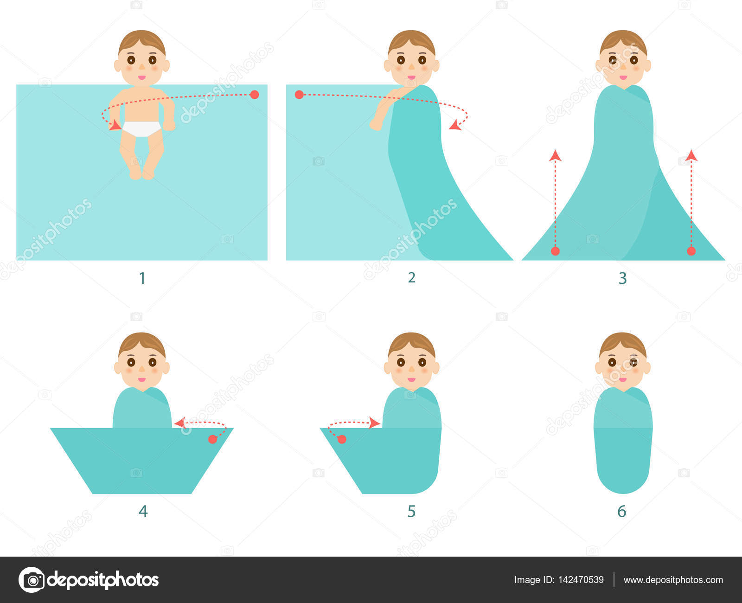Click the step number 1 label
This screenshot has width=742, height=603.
click(142, 278)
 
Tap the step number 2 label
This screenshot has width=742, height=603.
click(411, 278)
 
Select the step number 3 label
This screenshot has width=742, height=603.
click(622, 278)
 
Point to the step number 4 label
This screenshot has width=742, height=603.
click(143, 511)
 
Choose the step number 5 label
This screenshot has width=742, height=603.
click(411, 511)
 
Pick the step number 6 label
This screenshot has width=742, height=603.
click(622, 511)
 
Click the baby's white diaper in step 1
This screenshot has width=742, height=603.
click(141, 128)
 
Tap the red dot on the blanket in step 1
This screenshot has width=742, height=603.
click(255, 95)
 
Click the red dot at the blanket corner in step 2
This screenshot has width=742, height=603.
click(299, 95)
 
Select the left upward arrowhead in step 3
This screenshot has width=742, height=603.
click(555, 156)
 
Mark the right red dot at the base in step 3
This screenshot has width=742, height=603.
click(691, 251)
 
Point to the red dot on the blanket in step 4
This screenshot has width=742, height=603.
click(212, 439)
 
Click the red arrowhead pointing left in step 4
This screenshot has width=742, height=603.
click(180, 423)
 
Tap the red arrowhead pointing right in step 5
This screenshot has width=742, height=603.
click(375, 423)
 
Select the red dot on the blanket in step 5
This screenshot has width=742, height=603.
click(342, 439)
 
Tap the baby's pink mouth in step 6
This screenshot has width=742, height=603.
click(623, 380)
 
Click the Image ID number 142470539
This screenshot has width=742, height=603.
click(581, 580)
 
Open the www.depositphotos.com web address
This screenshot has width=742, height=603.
click(673, 580)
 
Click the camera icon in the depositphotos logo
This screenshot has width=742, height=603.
click(32, 580)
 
